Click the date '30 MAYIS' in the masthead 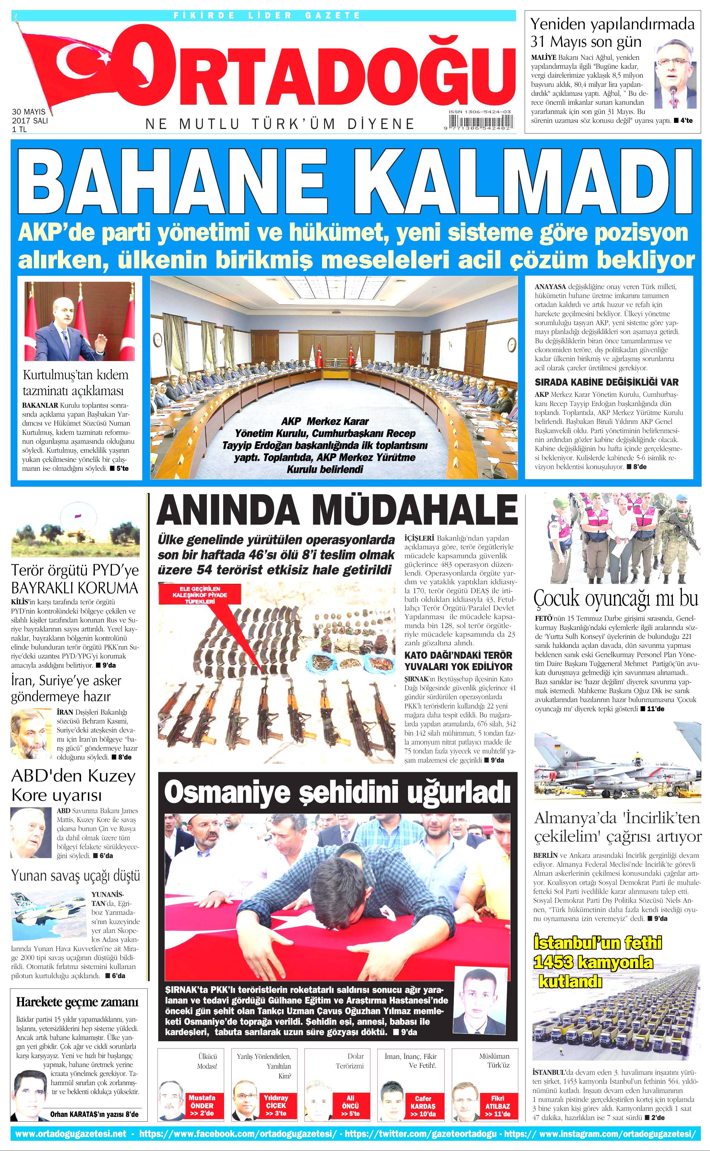click(29, 112)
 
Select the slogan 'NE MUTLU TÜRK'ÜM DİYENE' click(280, 124)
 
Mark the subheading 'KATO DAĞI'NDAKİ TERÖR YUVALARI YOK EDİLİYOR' click(458, 661)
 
